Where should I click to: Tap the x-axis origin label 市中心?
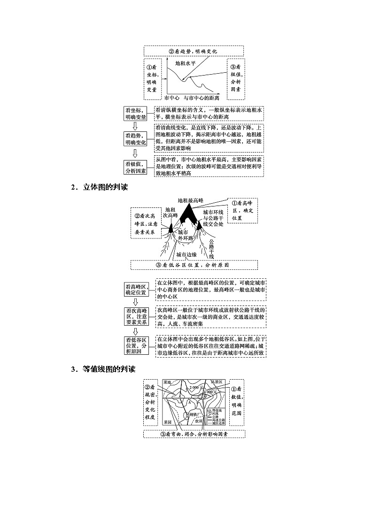(x=172, y=99)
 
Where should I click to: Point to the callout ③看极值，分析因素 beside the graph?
(x=236, y=78)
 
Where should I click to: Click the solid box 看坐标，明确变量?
(x=135, y=113)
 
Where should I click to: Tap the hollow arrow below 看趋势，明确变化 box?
(x=135, y=153)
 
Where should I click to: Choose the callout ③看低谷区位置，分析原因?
(x=194, y=265)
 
